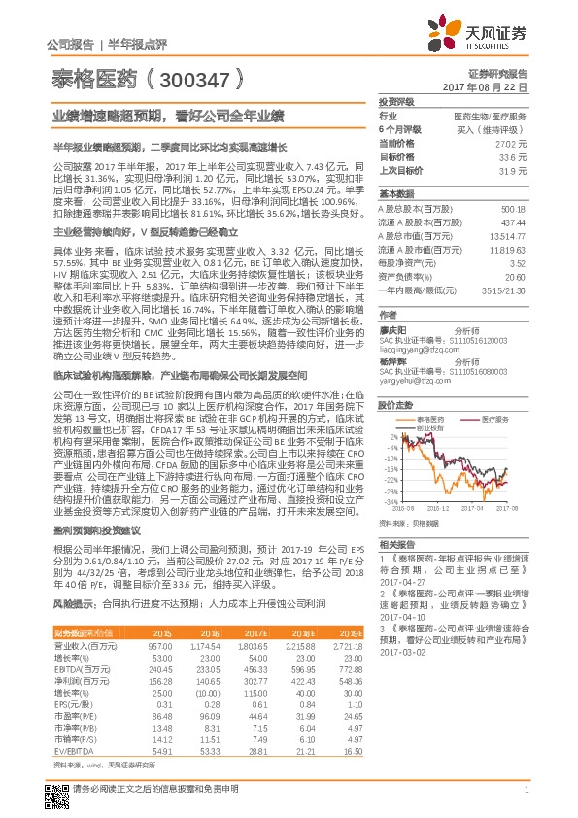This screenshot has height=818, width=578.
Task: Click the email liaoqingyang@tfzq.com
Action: [411, 342]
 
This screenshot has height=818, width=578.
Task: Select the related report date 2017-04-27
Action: [397, 584]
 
